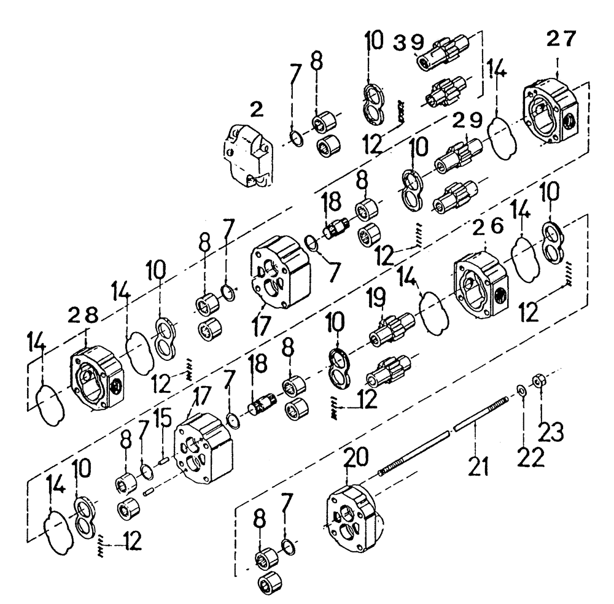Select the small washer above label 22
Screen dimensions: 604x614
coord(521,389)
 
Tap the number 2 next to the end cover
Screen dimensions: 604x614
coord(256,110)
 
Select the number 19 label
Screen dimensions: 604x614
coord(376,299)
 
